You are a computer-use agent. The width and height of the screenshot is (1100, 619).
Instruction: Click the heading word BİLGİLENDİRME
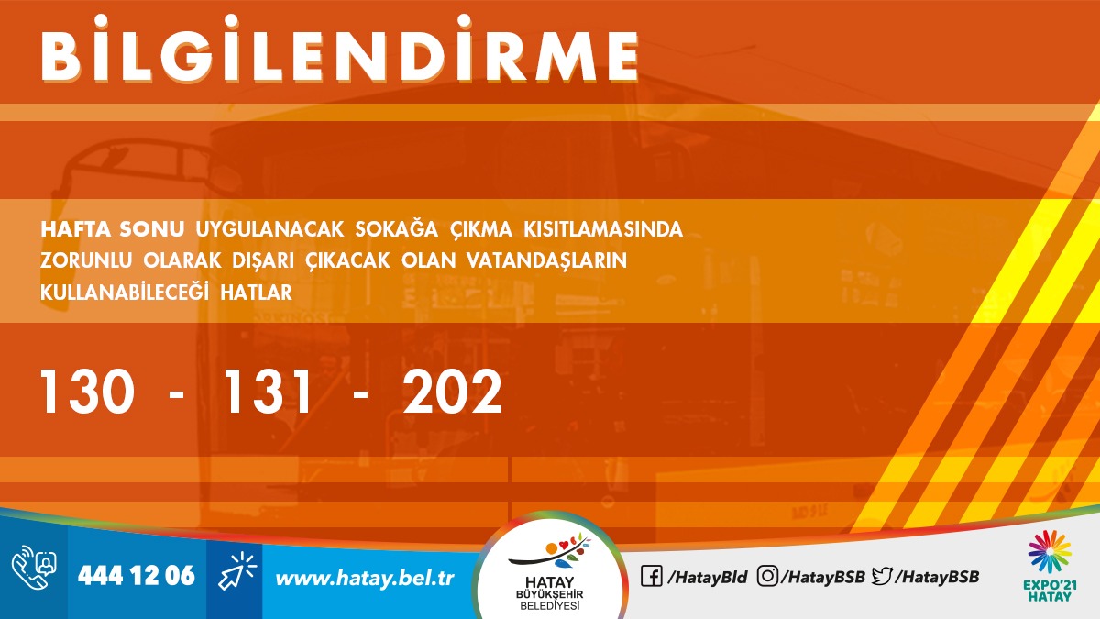[x=339, y=49]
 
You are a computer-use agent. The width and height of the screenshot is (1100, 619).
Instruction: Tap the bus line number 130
[x=87, y=392]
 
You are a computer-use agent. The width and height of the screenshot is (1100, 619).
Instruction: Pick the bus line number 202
[x=452, y=392]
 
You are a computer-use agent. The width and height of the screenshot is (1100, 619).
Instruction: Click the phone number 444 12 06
[x=137, y=576]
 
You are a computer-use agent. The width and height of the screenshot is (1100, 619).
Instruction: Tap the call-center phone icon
[x=34, y=568]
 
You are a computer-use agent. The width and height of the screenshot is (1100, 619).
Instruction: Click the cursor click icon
[x=236, y=570]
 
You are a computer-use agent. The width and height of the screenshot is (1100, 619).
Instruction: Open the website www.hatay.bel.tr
[x=365, y=579]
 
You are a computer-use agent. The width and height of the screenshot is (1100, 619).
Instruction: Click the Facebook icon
[x=652, y=576]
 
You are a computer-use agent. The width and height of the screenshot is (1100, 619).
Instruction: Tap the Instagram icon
[x=767, y=576]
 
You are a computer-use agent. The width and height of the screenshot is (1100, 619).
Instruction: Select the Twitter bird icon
[x=882, y=576]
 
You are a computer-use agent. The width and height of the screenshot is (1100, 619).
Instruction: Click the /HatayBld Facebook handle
[x=707, y=577]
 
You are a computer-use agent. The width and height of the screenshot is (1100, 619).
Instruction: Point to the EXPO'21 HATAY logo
[x=1050, y=566]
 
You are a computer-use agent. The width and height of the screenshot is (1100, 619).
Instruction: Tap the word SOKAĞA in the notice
[x=396, y=230]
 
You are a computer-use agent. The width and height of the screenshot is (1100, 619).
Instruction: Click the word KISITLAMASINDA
[x=603, y=230]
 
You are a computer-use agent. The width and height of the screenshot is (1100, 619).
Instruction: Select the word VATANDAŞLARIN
[x=546, y=261]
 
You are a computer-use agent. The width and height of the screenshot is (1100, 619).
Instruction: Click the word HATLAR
[x=256, y=293]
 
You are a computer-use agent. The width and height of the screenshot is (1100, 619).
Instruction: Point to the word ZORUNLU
[x=86, y=260]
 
